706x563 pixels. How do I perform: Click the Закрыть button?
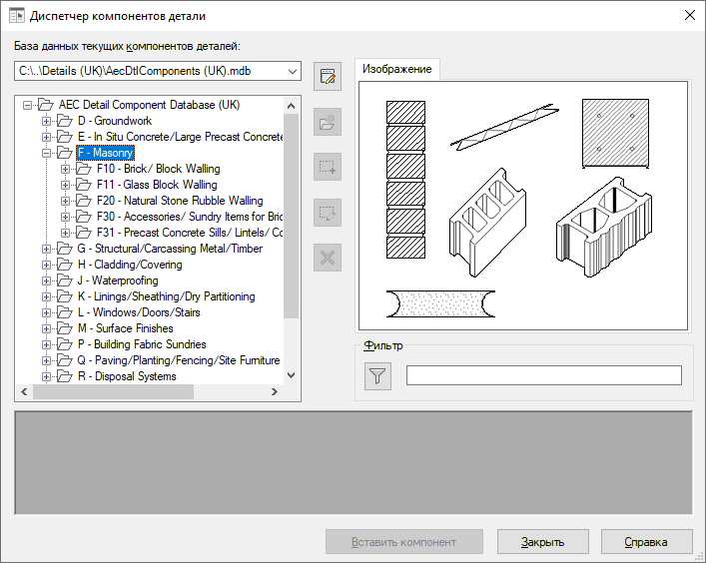click(x=542, y=542)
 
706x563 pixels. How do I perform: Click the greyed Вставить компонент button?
click(x=403, y=542)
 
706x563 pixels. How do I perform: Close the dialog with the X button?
click(x=689, y=15)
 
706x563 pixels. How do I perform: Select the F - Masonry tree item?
click(x=106, y=153)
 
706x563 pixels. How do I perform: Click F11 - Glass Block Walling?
click(x=157, y=185)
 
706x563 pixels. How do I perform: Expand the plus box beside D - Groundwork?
click(x=46, y=121)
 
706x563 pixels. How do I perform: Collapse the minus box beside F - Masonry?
click(x=46, y=153)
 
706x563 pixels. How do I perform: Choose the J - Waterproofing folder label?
click(x=118, y=281)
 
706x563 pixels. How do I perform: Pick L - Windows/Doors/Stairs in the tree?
click(x=139, y=312)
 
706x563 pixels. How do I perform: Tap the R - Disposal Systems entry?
click(x=127, y=376)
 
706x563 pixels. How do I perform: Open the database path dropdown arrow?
click(x=293, y=72)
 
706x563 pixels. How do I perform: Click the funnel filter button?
click(x=377, y=375)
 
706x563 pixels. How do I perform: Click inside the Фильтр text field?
click(x=544, y=375)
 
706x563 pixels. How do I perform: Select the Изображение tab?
click(x=396, y=69)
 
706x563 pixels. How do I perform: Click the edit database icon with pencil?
click(x=328, y=77)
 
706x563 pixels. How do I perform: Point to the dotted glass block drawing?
click(x=440, y=303)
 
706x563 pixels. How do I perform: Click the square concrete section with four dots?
click(x=615, y=133)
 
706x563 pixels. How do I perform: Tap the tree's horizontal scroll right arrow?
click(x=275, y=392)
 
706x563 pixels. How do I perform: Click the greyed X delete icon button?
click(x=328, y=258)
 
